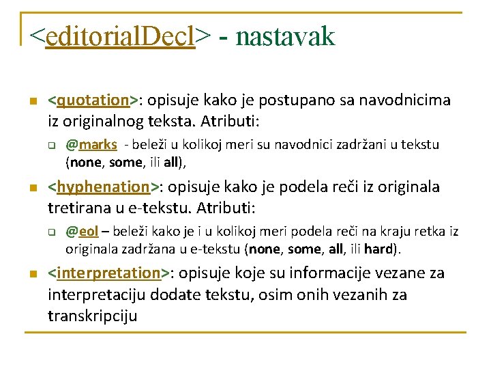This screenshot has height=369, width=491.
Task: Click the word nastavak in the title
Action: click(x=285, y=36)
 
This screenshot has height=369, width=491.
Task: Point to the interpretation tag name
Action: click(x=109, y=273)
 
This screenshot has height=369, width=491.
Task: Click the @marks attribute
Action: click(x=91, y=145)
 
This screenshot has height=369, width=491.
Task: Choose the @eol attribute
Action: click(x=82, y=231)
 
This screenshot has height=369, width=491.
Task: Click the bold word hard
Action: click(x=378, y=248)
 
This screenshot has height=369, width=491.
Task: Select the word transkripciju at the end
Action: click(x=93, y=316)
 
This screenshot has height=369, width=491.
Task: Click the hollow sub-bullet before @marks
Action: click(x=50, y=145)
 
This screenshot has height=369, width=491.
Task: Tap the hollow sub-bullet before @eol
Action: click(x=50, y=232)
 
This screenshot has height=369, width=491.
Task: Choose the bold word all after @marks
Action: click(x=173, y=162)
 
